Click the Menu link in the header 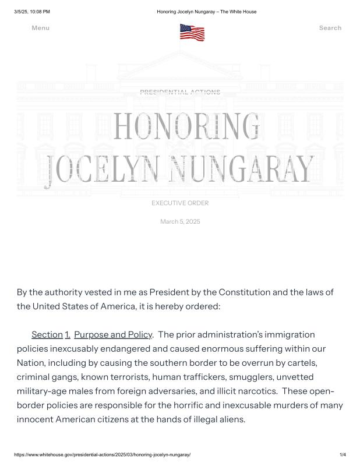coord(40,28)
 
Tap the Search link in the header coord(330,28)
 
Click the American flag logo coord(192,32)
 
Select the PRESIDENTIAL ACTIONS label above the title coord(180,92)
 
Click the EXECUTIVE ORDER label coord(180,203)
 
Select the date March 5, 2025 coord(180,221)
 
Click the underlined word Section coord(47,334)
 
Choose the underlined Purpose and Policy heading coord(112,334)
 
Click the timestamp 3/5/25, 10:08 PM coord(32,12)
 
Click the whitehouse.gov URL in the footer coord(102,454)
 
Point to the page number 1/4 coord(343,454)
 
